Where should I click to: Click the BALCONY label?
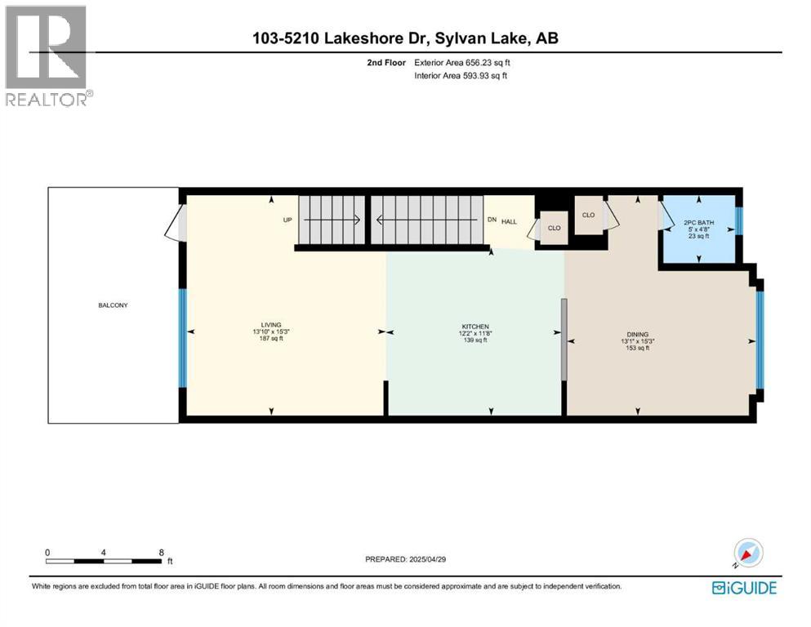(114, 305)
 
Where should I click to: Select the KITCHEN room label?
(474, 326)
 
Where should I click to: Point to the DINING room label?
(637, 334)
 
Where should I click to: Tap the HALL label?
(509, 221)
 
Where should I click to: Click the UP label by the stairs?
(287, 220)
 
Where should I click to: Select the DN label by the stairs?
(491, 220)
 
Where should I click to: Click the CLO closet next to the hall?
(554, 228)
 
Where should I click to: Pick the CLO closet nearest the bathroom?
(588, 215)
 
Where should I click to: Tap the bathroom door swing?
(666, 214)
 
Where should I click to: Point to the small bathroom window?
(740, 220)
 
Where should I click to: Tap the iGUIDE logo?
(744, 587)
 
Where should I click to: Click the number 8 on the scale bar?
(161, 552)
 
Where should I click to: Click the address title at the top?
(404, 38)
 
